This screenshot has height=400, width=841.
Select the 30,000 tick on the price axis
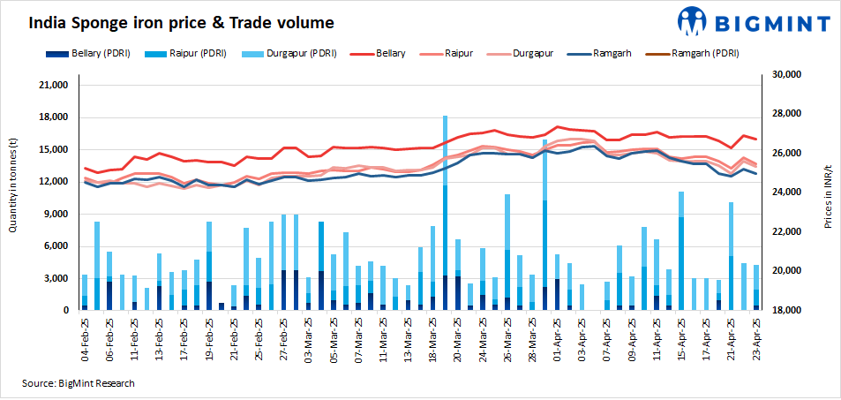point(788,75)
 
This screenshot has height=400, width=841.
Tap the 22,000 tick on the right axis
point(788,231)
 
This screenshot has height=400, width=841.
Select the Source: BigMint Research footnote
point(79,382)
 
